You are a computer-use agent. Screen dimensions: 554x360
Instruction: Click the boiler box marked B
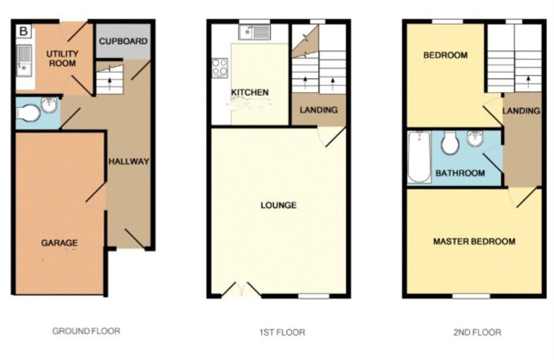tap(24, 31)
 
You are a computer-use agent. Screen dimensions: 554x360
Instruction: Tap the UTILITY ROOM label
tap(62, 58)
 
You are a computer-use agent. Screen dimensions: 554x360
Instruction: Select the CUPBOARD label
tap(123, 41)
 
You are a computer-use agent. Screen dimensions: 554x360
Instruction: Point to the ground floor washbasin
tap(49, 104)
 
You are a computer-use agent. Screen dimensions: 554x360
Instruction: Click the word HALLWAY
tap(129, 162)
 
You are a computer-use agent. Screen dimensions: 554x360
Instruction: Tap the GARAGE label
tap(60, 243)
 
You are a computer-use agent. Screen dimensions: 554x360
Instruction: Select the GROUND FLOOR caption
tap(86, 331)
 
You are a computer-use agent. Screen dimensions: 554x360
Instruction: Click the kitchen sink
tap(254, 32)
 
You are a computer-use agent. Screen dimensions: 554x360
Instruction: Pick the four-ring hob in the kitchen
tap(220, 68)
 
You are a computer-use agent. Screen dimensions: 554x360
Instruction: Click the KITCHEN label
tap(250, 93)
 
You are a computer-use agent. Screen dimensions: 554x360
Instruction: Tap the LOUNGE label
tap(279, 205)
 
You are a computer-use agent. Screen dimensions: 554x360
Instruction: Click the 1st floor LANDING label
tap(318, 110)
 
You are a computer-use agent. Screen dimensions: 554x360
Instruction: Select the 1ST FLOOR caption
tap(282, 332)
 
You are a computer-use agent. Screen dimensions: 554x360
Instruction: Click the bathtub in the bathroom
tap(419, 158)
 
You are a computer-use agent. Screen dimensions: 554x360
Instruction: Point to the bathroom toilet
tap(450, 143)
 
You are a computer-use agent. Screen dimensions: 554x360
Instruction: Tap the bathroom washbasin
tap(475, 138)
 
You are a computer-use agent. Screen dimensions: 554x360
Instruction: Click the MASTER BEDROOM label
tap(474, 241)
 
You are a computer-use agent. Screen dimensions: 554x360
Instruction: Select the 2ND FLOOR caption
tap(477, 332)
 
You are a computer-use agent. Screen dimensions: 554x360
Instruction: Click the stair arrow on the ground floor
tap(109, 83)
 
